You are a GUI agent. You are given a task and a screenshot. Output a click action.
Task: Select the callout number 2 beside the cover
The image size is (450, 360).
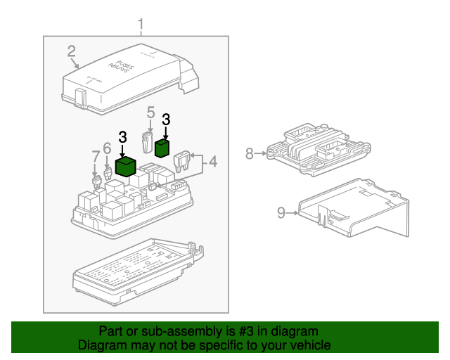(x=72, y=51)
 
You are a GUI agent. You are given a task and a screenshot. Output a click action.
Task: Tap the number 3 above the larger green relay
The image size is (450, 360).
(x=122, y=137)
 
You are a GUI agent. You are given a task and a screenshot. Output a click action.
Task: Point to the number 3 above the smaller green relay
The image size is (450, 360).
(x=166, y=119)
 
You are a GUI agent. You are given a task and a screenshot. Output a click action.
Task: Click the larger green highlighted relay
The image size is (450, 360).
(x=126, y=166)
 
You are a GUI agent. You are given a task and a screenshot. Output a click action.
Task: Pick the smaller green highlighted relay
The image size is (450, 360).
(x=162, y=147)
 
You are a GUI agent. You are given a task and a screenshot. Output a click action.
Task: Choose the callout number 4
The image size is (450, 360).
(x=212, y=163)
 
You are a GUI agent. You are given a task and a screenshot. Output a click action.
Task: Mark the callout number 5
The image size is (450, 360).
(x=150, y=112)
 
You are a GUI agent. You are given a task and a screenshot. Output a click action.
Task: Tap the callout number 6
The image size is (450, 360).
(x=107, y=148)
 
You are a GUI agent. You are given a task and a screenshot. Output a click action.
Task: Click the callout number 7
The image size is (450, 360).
(x=95, y=155)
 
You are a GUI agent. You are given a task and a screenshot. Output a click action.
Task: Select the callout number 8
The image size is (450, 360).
(x=250, y=153)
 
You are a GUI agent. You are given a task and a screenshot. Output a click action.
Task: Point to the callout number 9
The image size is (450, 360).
(x=281, y=212)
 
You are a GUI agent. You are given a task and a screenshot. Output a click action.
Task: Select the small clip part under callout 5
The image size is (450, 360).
(x=148, y=141)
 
